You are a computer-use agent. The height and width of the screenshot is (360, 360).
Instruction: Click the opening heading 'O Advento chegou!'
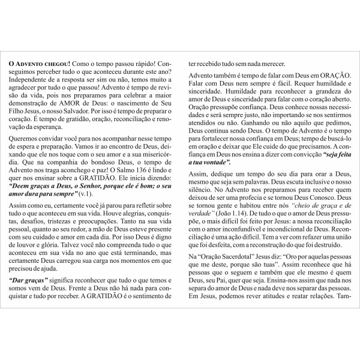[x=38, y=62]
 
